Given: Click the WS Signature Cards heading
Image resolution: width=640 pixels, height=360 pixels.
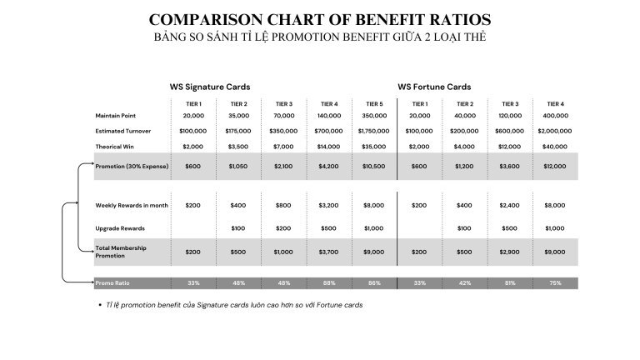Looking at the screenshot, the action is tap(210, 87).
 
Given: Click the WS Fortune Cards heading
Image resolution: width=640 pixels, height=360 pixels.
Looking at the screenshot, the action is tap(434, 87).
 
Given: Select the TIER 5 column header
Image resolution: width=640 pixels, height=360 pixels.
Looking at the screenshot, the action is tap(374, 104).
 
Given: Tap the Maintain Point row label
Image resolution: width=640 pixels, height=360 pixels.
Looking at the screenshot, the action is tap(116, 116).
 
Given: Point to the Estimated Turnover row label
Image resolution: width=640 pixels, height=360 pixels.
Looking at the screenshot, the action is tap(123, 131).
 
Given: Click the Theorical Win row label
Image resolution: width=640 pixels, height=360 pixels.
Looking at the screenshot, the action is tap(115, 147).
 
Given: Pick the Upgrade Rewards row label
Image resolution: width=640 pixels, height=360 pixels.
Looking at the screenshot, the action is tap(120, 228).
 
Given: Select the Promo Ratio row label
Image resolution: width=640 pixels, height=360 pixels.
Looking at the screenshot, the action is tap(112, 282).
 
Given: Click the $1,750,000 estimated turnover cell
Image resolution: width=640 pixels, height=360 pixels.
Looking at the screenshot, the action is tap(374, 131).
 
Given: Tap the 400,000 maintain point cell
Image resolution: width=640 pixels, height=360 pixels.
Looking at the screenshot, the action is tap(556, 116).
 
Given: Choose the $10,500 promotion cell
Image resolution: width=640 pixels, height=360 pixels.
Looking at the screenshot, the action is tap(374, 167).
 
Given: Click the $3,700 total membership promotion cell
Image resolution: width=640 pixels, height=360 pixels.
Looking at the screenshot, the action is tap(328, 252).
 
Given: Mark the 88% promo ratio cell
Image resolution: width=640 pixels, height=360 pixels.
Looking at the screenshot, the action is tap(329, 282).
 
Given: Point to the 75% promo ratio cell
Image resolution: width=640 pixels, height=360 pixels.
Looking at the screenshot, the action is tap(556, 282).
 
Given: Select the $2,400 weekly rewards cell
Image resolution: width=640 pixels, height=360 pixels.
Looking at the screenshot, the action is tap(509, 205).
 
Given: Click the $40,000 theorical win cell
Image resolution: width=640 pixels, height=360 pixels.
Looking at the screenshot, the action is tap(555, 147).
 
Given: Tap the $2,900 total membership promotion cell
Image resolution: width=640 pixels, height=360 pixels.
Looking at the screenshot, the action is tap(509, 252).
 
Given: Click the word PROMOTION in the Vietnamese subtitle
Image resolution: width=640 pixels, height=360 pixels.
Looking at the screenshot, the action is tap(306, 37).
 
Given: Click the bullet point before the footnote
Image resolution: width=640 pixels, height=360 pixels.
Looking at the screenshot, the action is tap(100, 305).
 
